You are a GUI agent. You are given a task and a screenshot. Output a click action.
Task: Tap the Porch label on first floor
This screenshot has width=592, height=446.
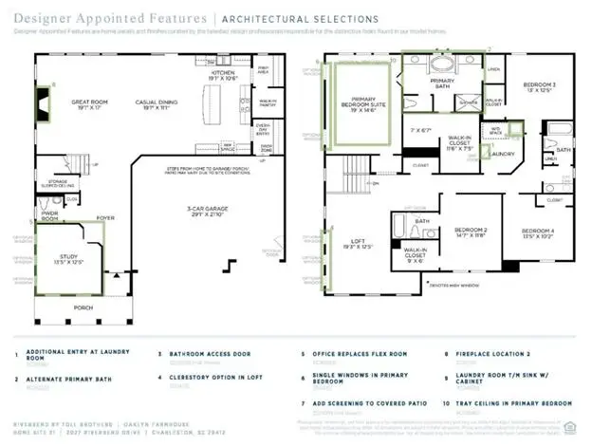pos(84,308)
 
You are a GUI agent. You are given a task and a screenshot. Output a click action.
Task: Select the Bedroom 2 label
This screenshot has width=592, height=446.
pos(470,230)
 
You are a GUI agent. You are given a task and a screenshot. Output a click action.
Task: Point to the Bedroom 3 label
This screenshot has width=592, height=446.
pos(539,85)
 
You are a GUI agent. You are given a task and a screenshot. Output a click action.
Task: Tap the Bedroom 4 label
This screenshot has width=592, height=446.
pos(537,232)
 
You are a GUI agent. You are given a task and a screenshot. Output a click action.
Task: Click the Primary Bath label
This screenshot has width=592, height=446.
pos(443,82)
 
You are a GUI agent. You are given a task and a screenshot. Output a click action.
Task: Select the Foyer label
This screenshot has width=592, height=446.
pos(104,217)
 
